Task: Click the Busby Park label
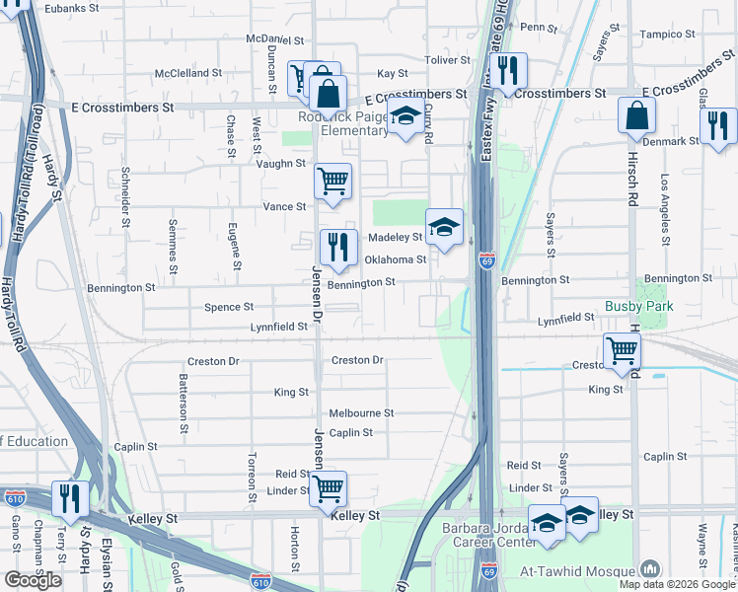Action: pyautogui.click(x=638, y=307)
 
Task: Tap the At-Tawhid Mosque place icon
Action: pyautogui.click(x=649, y=569)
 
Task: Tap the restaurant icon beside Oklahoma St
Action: pyautogui.click(x=337, y=247)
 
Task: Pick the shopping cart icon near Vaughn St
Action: pyautogui.click(x=333, y=182)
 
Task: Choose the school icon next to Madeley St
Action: pyautogui.click(x=444, y=227)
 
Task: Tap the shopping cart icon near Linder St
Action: pyautogui.click(x=329, y=487)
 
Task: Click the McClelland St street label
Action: pyautogui.click(x=188, y=74)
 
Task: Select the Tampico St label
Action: pyautogui.click(x=668, y=35)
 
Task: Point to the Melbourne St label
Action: pyautogui.click(x=361, y=413)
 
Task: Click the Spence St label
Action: pyautogui.click(x=229, y=308)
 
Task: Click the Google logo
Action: pyautogui.click(x=33, y=580)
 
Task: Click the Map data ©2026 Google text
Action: pyautogui.click(x=676, y=584)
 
